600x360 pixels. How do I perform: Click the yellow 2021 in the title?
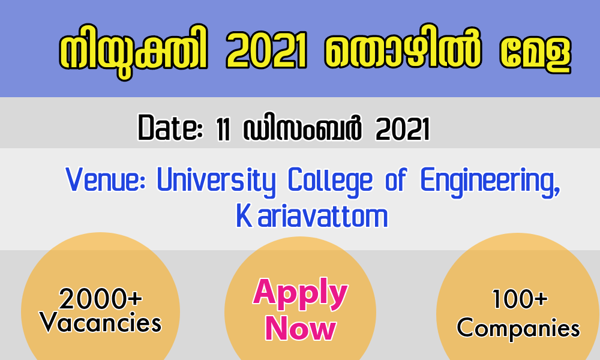click(266, 49)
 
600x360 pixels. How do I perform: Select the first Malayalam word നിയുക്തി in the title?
click(134, 52)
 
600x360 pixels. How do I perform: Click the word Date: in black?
click(170, 128)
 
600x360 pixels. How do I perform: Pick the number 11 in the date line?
click(223, 129)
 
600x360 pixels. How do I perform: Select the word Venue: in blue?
click(105, 179)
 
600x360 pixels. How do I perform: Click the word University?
click(216, 182)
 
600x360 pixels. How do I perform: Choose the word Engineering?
click(490, 182)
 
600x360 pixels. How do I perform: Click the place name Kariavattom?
click(312, 216)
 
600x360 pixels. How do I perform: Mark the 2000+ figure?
click(100, 299)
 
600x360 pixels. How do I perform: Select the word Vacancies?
click(100, 323)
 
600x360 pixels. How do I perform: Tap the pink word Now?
click(301, 328)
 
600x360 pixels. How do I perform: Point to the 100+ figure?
click(519, 299)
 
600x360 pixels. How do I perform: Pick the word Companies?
click(518, 328)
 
